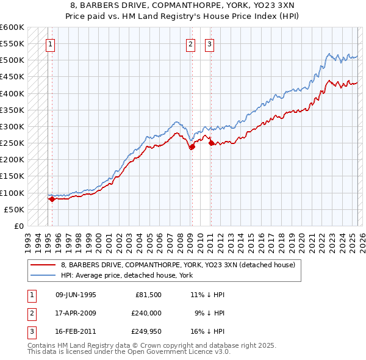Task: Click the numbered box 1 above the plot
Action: coord(49,43)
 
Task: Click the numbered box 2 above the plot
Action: coord(191,43)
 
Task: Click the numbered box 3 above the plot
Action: coord(209,43)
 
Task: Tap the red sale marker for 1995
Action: coord(52,198)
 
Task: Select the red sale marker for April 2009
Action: coord(192,146)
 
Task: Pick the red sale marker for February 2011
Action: coord(210,143)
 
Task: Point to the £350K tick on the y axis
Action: coord(12,110)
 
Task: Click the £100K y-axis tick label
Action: coord(12,193)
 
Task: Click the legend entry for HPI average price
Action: coord(127,275)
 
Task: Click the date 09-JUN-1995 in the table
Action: coord(76,295)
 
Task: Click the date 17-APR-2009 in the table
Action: coord(76,314)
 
